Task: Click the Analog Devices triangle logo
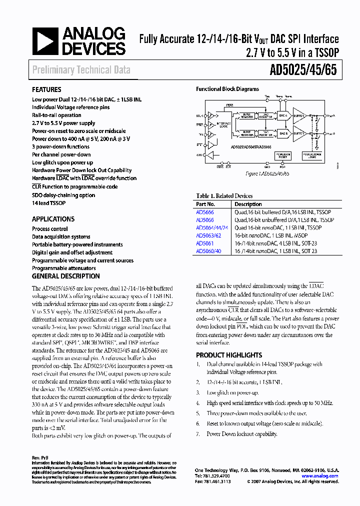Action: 45,41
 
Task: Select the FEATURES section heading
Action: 46,90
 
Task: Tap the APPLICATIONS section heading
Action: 53,219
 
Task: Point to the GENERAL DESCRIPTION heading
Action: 65,276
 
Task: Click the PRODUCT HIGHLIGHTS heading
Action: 229,355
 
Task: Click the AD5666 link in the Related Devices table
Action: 204,212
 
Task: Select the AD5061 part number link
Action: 204,243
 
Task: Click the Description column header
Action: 248,204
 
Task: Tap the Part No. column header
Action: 205,204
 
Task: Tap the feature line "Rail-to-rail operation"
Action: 56,115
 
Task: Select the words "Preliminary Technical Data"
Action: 81,70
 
